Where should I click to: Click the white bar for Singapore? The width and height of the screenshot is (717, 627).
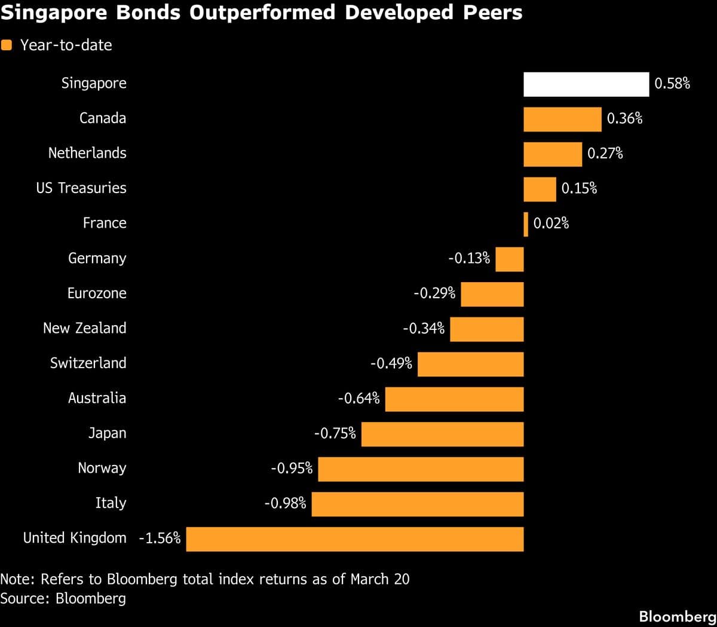tap(586, 84)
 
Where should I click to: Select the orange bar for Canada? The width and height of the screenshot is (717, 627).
tap(562, 120)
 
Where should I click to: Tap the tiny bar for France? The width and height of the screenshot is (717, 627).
tap(526, 224)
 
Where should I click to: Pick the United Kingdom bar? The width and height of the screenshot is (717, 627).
tap(355, 539)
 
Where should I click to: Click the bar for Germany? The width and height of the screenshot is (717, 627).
tap(510, 259)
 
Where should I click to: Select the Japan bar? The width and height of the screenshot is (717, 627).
tap(442, 434)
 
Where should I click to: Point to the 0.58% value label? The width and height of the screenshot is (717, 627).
tap(672, 84)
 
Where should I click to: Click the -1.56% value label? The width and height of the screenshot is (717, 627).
tap(160, 538)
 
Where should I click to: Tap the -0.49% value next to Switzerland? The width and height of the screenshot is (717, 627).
tap(391, 363)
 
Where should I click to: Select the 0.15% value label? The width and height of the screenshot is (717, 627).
tap(579, 189)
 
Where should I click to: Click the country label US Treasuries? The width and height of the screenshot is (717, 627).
tap(81, 188)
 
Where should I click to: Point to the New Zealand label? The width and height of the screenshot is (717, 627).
tap(84, 328)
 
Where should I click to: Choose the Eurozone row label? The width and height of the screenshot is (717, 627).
tap(96, 293)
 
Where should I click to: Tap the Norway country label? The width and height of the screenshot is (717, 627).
tap(102, 468)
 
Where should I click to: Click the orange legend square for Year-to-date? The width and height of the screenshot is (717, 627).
tap(7, 45)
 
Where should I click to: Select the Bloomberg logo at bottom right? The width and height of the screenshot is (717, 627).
tap(677, 616)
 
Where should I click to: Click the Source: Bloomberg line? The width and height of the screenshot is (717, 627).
tap(63, 598)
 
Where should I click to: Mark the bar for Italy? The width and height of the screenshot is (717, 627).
tap(417, 504)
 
